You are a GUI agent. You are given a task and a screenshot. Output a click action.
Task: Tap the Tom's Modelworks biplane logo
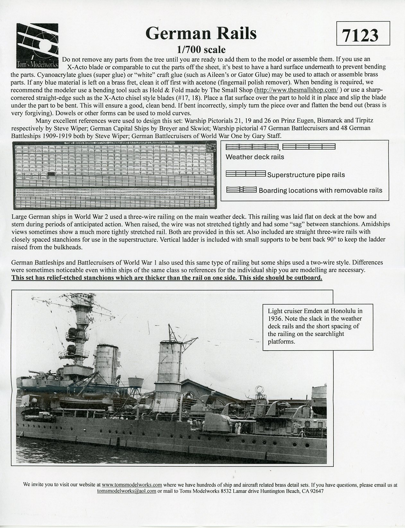pos(37,47)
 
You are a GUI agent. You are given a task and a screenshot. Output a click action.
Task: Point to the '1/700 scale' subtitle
pos(201,50)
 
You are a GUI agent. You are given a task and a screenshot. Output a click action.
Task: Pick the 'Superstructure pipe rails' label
pos(306,175)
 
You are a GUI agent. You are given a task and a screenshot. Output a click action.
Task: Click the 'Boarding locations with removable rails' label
pos(320,191)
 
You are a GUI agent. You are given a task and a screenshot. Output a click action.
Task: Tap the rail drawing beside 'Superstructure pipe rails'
pos(246,174)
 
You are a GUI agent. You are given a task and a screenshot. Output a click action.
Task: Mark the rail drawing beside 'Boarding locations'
pos(241,190)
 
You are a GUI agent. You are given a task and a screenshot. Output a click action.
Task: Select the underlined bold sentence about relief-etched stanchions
pos(167,277)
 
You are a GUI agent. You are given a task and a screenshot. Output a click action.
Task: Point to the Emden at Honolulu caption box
pos(318,326)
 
